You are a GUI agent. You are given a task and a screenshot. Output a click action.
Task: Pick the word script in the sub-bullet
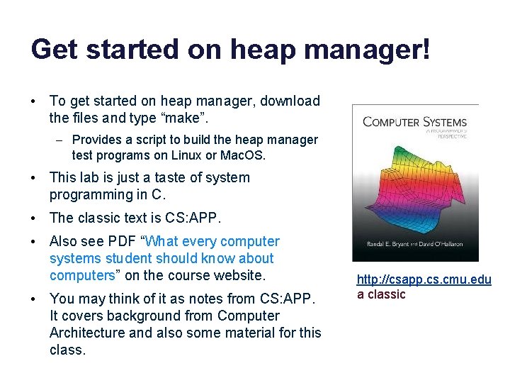pos(146,140)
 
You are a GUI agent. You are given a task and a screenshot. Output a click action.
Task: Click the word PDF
pos(122,242)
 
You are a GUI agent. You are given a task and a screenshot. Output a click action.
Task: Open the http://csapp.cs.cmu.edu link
pos(424,279)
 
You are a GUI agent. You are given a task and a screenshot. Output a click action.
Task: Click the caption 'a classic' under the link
pos(381,294)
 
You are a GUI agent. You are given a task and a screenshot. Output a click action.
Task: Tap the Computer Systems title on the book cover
pos(414,121)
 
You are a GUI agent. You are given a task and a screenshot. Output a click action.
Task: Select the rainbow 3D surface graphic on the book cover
pos(414,184)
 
